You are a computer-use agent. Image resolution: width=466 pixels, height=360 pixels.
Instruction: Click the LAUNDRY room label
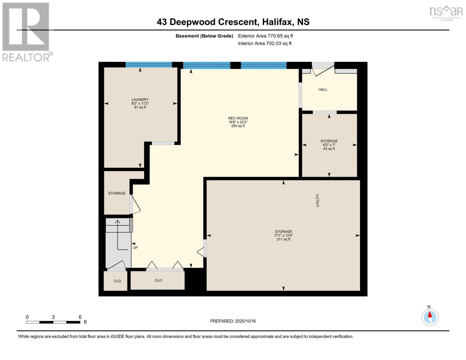140,100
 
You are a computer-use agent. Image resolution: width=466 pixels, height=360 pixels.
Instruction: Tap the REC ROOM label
238,118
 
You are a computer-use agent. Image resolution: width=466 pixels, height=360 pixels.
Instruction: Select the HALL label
323,89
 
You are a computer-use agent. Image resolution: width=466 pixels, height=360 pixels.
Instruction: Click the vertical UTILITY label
317,200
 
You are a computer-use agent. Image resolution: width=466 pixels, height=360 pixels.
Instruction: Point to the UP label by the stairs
135,248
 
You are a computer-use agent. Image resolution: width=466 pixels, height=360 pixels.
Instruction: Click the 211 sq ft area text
283,239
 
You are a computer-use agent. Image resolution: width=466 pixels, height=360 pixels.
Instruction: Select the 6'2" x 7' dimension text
329,145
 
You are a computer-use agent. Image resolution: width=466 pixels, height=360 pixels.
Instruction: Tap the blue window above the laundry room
149,64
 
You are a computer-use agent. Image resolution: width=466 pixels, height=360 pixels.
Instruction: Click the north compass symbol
430,317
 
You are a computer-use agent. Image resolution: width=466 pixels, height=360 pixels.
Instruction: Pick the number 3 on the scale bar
53,317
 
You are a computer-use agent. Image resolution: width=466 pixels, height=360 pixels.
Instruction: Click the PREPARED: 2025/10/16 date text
233,321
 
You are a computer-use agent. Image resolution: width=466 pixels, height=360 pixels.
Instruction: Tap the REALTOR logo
26,31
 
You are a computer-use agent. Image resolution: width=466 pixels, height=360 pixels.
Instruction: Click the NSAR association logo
446,12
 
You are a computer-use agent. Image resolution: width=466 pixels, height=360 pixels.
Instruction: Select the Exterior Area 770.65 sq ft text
265,36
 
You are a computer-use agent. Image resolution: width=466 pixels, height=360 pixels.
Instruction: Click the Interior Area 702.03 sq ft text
265,43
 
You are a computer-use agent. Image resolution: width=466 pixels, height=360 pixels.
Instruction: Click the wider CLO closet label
158,280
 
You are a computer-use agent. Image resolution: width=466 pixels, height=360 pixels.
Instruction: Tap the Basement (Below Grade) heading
204,36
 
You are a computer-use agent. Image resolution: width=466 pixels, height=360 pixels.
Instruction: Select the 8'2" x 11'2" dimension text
140,103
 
